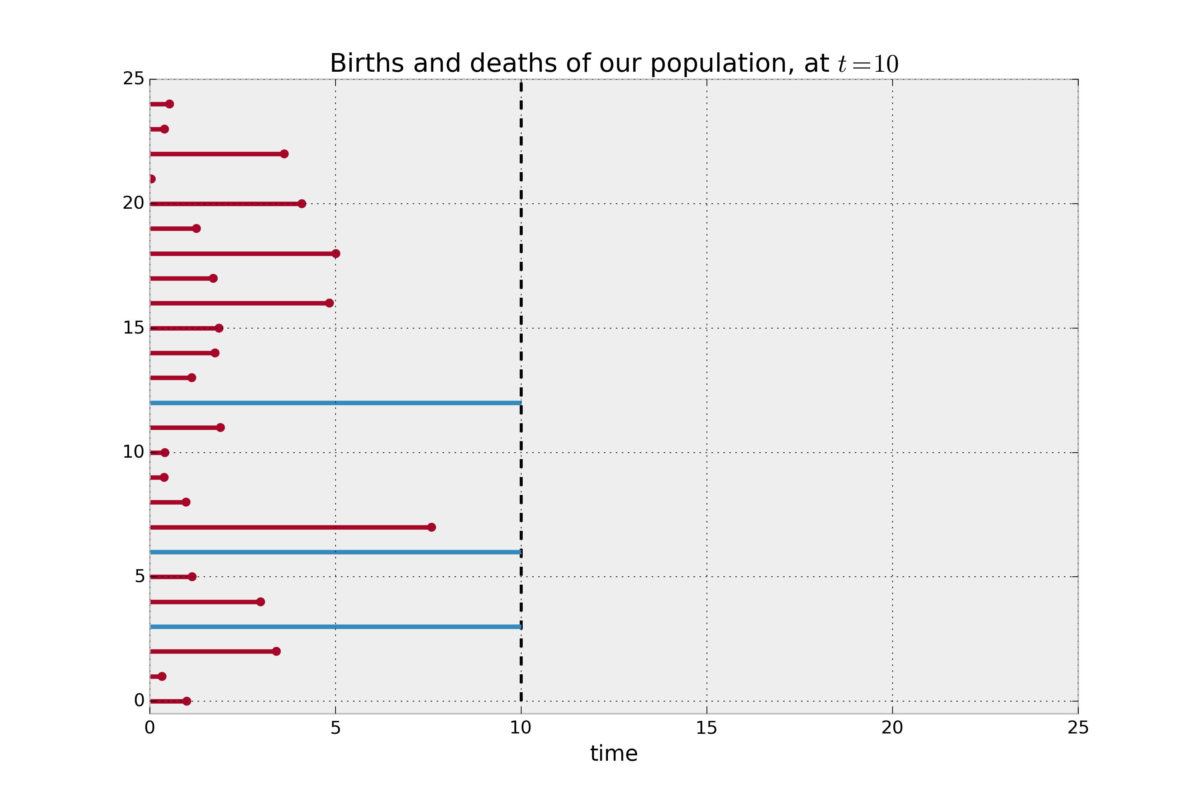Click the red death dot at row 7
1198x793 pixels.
pyautogui.click(x=431, y=527)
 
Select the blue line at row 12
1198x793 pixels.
pyautogui.click(x=335, y=402)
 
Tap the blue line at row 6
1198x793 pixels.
pyautogui.click(x=335, y=552)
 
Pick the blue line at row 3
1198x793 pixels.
pyautogui.click(x=335, y=627)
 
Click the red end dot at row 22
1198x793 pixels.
pyautogui.click(x=284, y=154)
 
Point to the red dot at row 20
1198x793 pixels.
pyautogui.click(x=302, y=204)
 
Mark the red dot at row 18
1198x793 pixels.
pyautogui.click(x=336, y=253)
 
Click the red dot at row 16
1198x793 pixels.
pyautogui.click(x=329, y=303)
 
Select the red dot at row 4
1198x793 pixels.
pyautogui.click(x=260, y=602)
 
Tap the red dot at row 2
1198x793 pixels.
pyautogui.click(x=276, y=651)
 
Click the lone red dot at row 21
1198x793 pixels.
pyautogui.click(x=152, y=179)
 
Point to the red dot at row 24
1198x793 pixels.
pyautogui.click(x=169, y=104)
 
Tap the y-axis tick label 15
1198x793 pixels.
pyautogui.click(x=133, y=328)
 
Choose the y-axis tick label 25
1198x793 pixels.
pyautogui.click(x=133, y=79)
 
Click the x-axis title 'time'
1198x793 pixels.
pyautogui.click(x=614, y=754)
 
